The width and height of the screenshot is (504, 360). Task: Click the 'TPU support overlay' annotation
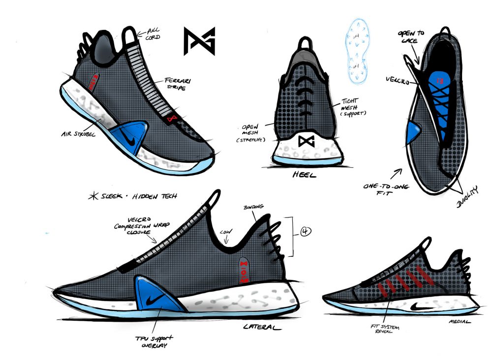[x=149, y=341]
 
